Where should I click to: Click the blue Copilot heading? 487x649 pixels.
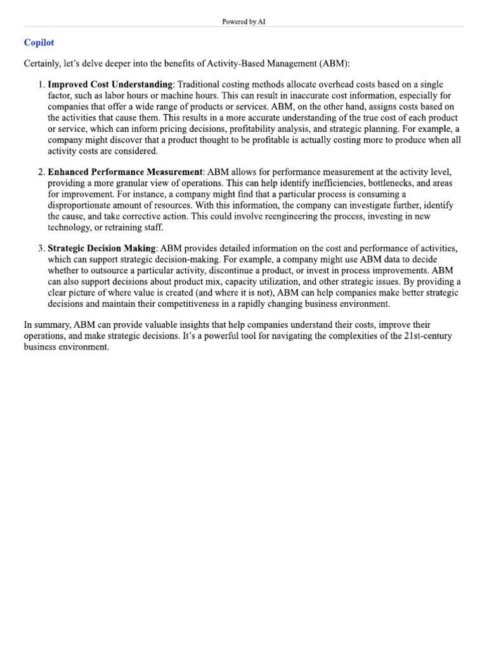(39, 42)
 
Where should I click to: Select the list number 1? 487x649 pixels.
(41, 84)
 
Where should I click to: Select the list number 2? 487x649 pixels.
(41, 172)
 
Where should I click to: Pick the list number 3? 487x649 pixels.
(41, 248)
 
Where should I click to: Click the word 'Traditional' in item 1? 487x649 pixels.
(201, 84)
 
